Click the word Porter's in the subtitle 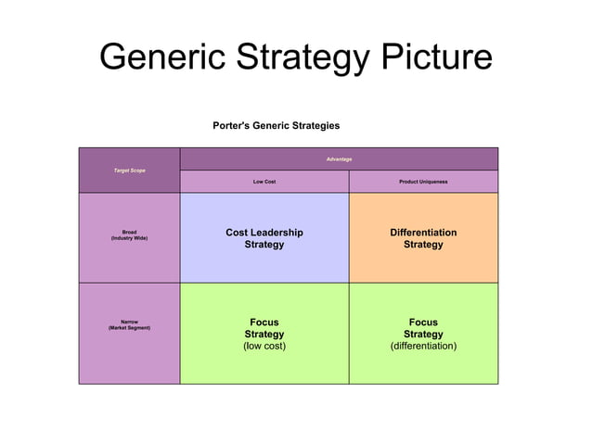tap(233, 125)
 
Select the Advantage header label tap(339, 159)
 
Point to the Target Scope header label tap(129, 171)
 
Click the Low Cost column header tap(264, 182)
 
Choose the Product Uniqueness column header tap(423, 182)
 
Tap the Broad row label tap(129, 232)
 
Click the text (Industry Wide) tap(129, 239)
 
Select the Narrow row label tap(129, 322)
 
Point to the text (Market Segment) tap(129, 328)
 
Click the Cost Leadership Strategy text tap(264, 238)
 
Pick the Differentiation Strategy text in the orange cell tap(423, 238)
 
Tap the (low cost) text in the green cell tap(264, 346)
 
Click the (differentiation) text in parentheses tap(423, 346)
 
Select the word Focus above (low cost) tap(264, 323)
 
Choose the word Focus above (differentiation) tap(423, 323)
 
